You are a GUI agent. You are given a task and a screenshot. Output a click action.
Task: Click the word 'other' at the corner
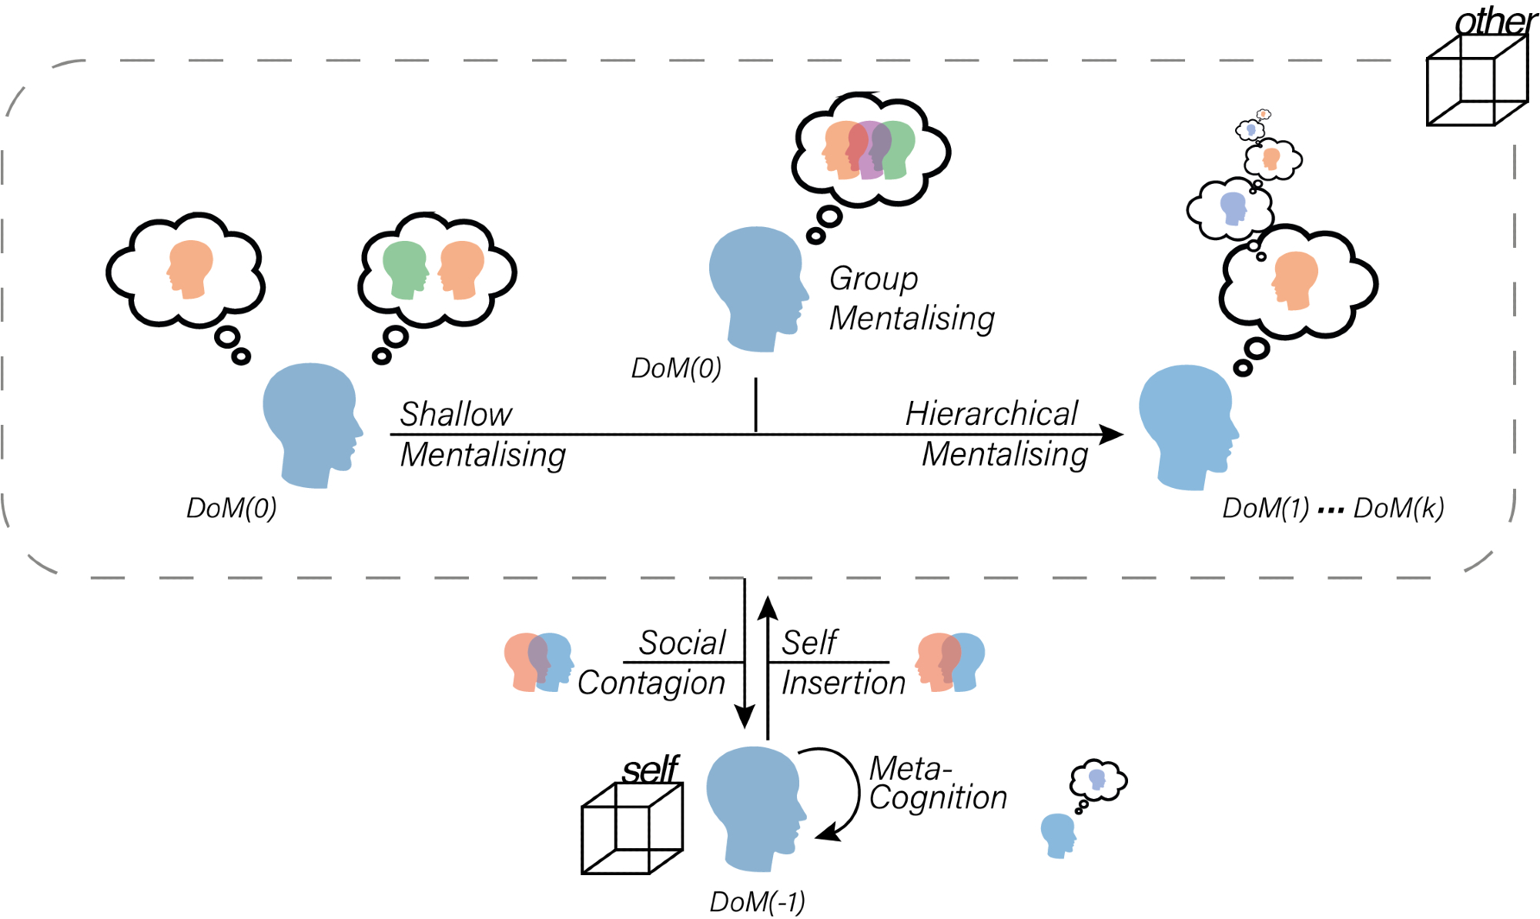tap(1495, 22)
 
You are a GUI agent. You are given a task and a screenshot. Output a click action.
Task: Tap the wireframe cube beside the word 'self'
tap(631, 828)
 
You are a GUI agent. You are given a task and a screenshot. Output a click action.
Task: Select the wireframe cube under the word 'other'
tap(1477, 80)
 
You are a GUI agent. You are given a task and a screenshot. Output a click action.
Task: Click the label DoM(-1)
tap(757, 901)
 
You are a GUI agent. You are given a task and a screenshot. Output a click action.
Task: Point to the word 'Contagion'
tap(651, 683)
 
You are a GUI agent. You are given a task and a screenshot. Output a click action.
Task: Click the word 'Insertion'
tap(843, 683)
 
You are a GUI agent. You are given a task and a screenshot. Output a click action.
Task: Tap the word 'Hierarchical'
tap(991, 413)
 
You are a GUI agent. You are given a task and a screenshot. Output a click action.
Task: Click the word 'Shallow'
tap(456, 414)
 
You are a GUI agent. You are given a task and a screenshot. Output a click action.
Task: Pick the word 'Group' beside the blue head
tap(873, 279)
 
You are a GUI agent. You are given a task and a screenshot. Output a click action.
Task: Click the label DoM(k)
tap(1398, 508)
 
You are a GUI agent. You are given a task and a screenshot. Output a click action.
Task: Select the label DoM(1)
tap(1265, 508)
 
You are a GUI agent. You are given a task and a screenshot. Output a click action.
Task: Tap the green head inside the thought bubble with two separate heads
tap(404, 269)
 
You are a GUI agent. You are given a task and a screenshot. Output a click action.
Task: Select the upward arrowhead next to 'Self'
tap(768, 607)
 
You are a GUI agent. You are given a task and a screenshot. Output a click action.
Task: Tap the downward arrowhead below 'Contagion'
tap(745, 716)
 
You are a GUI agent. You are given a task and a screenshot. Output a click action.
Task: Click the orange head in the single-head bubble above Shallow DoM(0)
tap(189, 269)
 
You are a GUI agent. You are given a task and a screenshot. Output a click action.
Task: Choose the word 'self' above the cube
tap(651, 769)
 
